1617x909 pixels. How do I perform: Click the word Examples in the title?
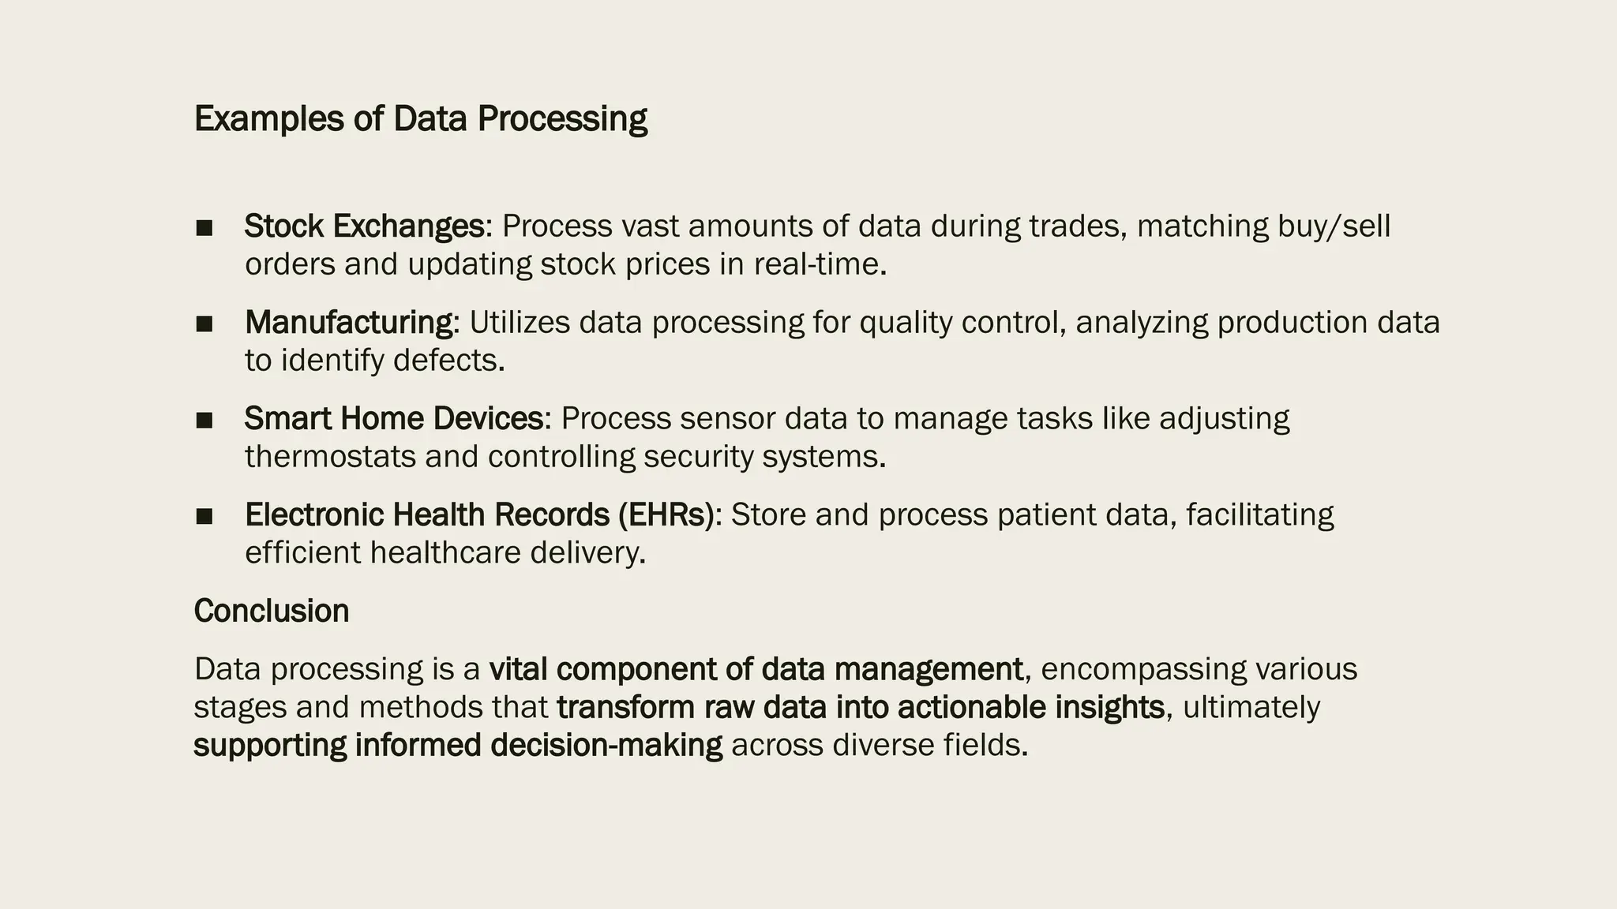coord(268,119)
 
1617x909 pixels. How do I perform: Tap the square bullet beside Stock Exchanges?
coord(204,227)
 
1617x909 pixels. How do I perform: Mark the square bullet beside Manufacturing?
coord(204,324)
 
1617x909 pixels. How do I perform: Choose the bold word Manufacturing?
coord(349,323)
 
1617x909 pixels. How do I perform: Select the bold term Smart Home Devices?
coord(394,419)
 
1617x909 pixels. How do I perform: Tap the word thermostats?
coord(330,457)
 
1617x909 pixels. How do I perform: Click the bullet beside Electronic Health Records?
coord(204,516)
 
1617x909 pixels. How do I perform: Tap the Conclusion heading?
coord(272,612)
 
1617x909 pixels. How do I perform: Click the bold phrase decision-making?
coord(606,746)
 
